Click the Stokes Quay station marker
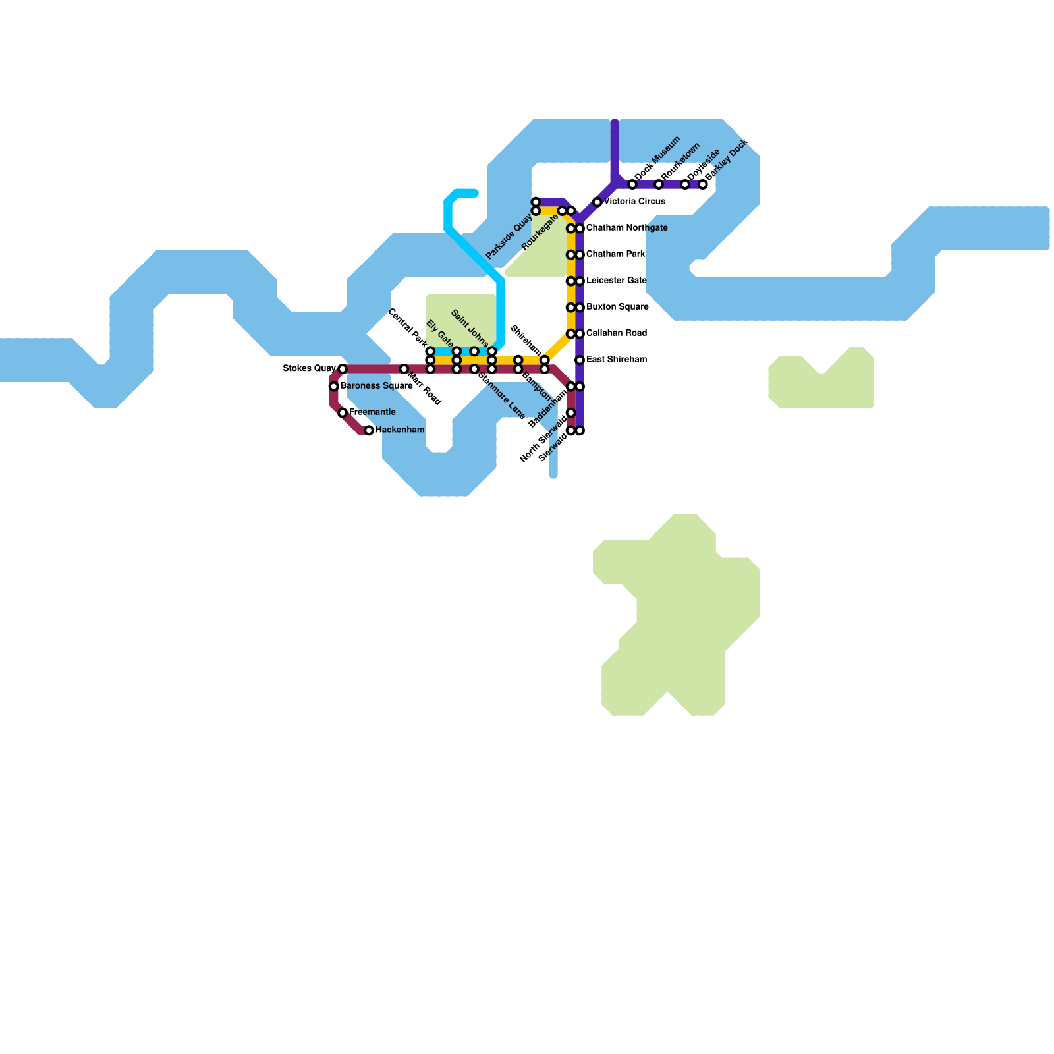(343, 369)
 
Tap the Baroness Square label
(376, 386)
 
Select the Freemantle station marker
(343, 413)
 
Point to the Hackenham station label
(399, 430)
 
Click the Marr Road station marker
(404, 370)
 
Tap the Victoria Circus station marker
(597, 202)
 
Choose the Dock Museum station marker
(632, 184)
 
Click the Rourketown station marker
(659, 184)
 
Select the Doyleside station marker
(685, 184)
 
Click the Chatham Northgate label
(626, 229)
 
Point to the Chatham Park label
(615, 255)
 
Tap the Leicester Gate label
(616, 281)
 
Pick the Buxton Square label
(617, 308)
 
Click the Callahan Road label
(616, 334)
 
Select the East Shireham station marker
(580, 360)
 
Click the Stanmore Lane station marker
(474, 369)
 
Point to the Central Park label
(407, 326)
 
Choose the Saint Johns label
(470, 328)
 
